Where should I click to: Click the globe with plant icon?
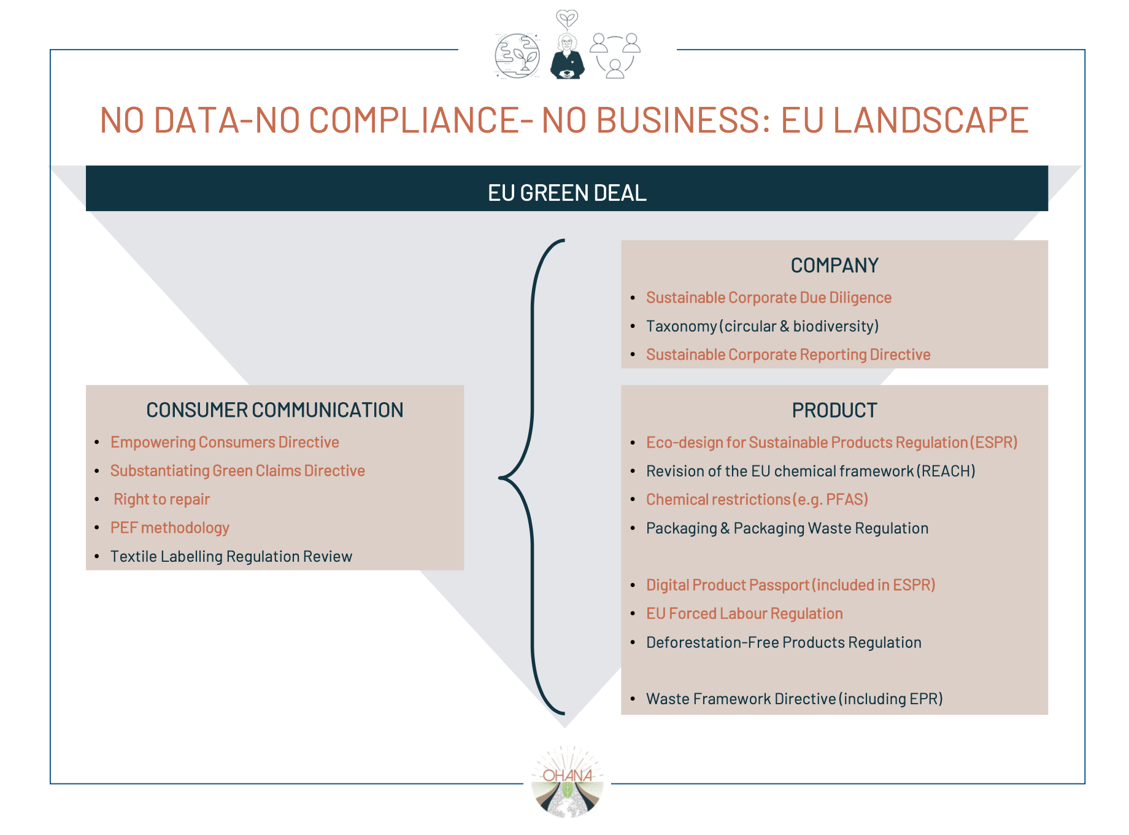click(517, 56)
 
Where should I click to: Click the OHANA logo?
click(568, 781)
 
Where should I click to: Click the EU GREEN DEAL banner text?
click(567, 193)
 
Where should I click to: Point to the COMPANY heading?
click(834, 265)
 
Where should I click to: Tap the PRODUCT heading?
click(834, 410)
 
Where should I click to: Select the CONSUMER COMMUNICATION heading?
click(274, 410)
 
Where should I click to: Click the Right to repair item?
click(161, 499)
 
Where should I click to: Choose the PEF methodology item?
click(169, 528)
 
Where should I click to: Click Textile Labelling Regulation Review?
click(231, 556)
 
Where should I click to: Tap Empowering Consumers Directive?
click(225, 442)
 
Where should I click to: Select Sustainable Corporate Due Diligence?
click(768, 298)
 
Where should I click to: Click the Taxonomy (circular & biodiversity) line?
click(762, 326)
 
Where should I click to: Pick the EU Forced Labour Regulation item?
click(744, 613)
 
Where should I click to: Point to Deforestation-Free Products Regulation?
click(784, 642)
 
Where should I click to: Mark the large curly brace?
click(532, 477)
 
